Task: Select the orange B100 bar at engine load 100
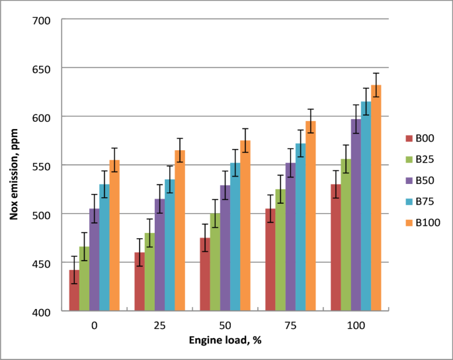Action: click(376, 198)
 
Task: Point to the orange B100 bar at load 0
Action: click(114, 235)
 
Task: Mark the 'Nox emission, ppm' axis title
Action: click(14, 165)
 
